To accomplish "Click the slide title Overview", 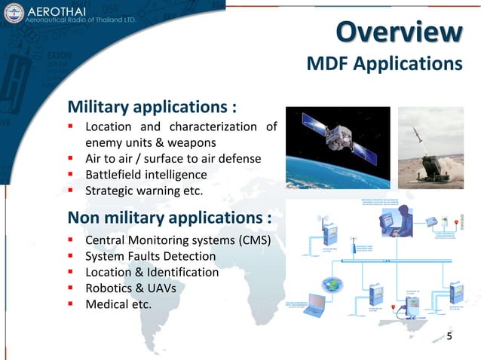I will (x=399, y=32).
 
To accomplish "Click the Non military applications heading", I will (x=170, y=218).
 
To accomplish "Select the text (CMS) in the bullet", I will (x=253, y=240).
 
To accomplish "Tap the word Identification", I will (x=180, y=272).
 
